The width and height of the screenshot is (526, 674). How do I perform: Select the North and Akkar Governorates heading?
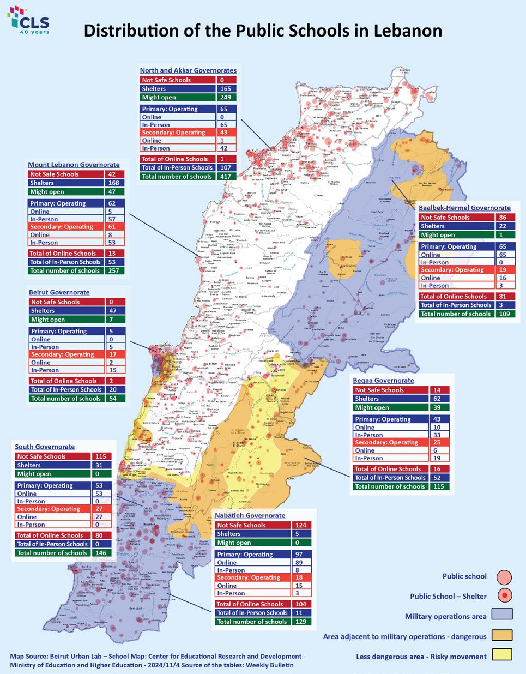pos(188,70)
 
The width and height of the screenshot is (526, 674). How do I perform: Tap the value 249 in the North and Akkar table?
pos(225,97)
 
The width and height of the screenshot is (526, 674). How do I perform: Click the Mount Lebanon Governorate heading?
pos(74,165)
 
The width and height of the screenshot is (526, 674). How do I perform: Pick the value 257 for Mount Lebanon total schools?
pos(113,270)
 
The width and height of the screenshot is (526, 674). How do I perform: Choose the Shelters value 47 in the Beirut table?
pos(113,311)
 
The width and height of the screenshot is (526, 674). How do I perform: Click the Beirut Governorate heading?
pos(59,292)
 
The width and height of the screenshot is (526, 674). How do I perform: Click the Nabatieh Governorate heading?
pos(250,515)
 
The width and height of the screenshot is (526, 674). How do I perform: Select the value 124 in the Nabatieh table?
pos(300,525)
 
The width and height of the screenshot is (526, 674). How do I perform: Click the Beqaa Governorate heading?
pos(383,380)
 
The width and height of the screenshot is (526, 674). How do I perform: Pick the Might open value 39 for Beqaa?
pos(438,407)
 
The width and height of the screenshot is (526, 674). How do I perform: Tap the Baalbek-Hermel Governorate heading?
pos(464,208)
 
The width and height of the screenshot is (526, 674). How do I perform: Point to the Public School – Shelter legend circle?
pos(504,595)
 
